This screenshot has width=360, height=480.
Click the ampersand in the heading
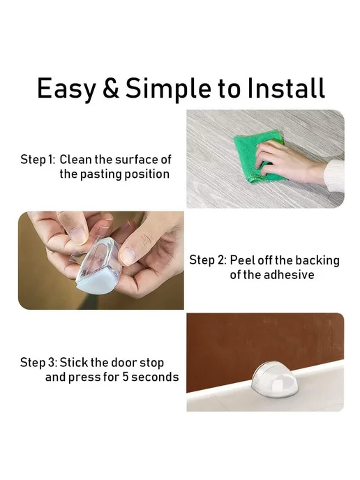tap(111, 87)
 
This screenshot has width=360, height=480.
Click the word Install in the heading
tap(286, 87)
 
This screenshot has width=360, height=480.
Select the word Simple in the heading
tap(168, 89)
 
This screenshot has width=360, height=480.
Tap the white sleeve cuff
tap(333, 175)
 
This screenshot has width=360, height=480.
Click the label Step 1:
tap(38, 160)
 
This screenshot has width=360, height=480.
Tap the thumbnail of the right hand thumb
tap(128, 255)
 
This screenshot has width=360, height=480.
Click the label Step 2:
tap(208, 260)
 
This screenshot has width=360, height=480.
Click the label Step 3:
tap(38, 363)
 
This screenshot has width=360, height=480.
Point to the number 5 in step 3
tap(126, 377)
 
